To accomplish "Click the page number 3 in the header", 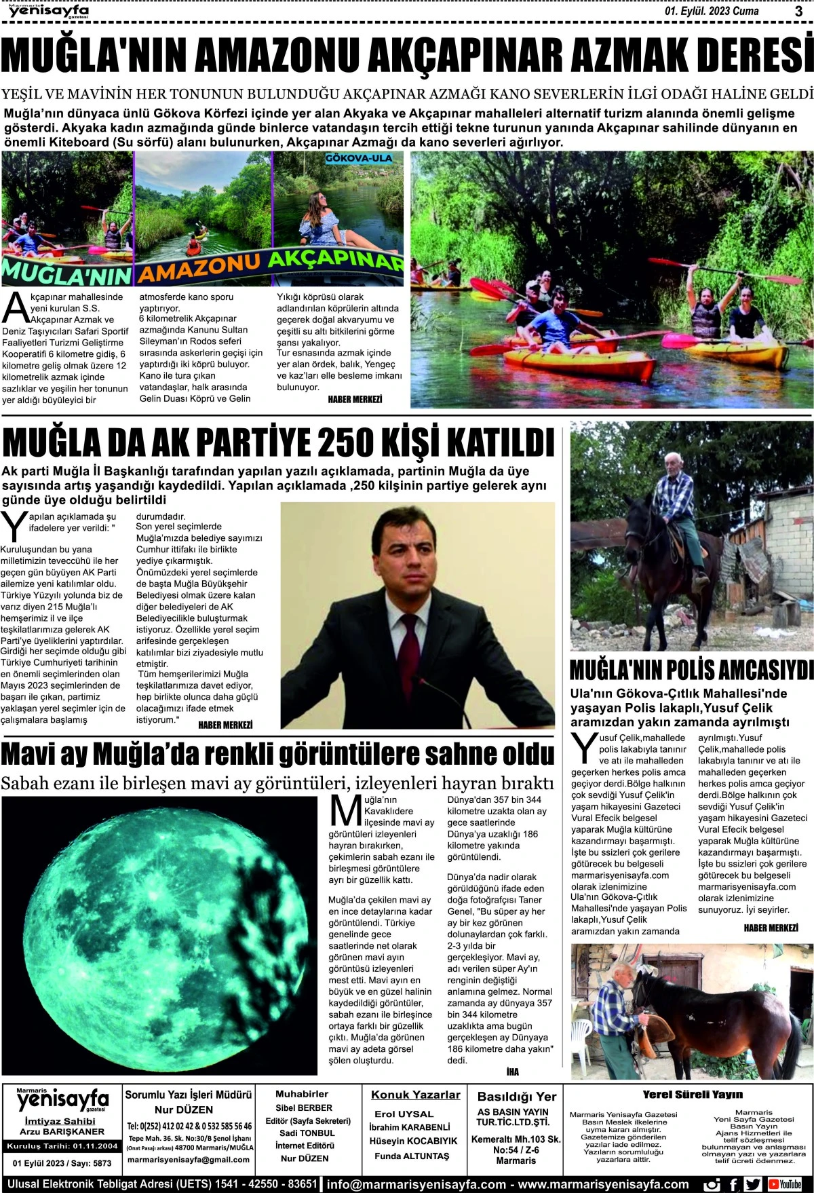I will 798,11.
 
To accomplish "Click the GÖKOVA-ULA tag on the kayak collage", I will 359,158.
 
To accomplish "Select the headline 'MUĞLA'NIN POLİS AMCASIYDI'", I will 691,670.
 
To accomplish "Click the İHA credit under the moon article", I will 512,1072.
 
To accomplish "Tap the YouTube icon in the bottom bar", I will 790,1184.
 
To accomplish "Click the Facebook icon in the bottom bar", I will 733,1184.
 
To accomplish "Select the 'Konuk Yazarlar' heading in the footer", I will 415,1095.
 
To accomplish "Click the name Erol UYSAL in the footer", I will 404,1114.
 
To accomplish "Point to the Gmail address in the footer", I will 188,1160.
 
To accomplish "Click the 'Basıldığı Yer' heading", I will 517,1096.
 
